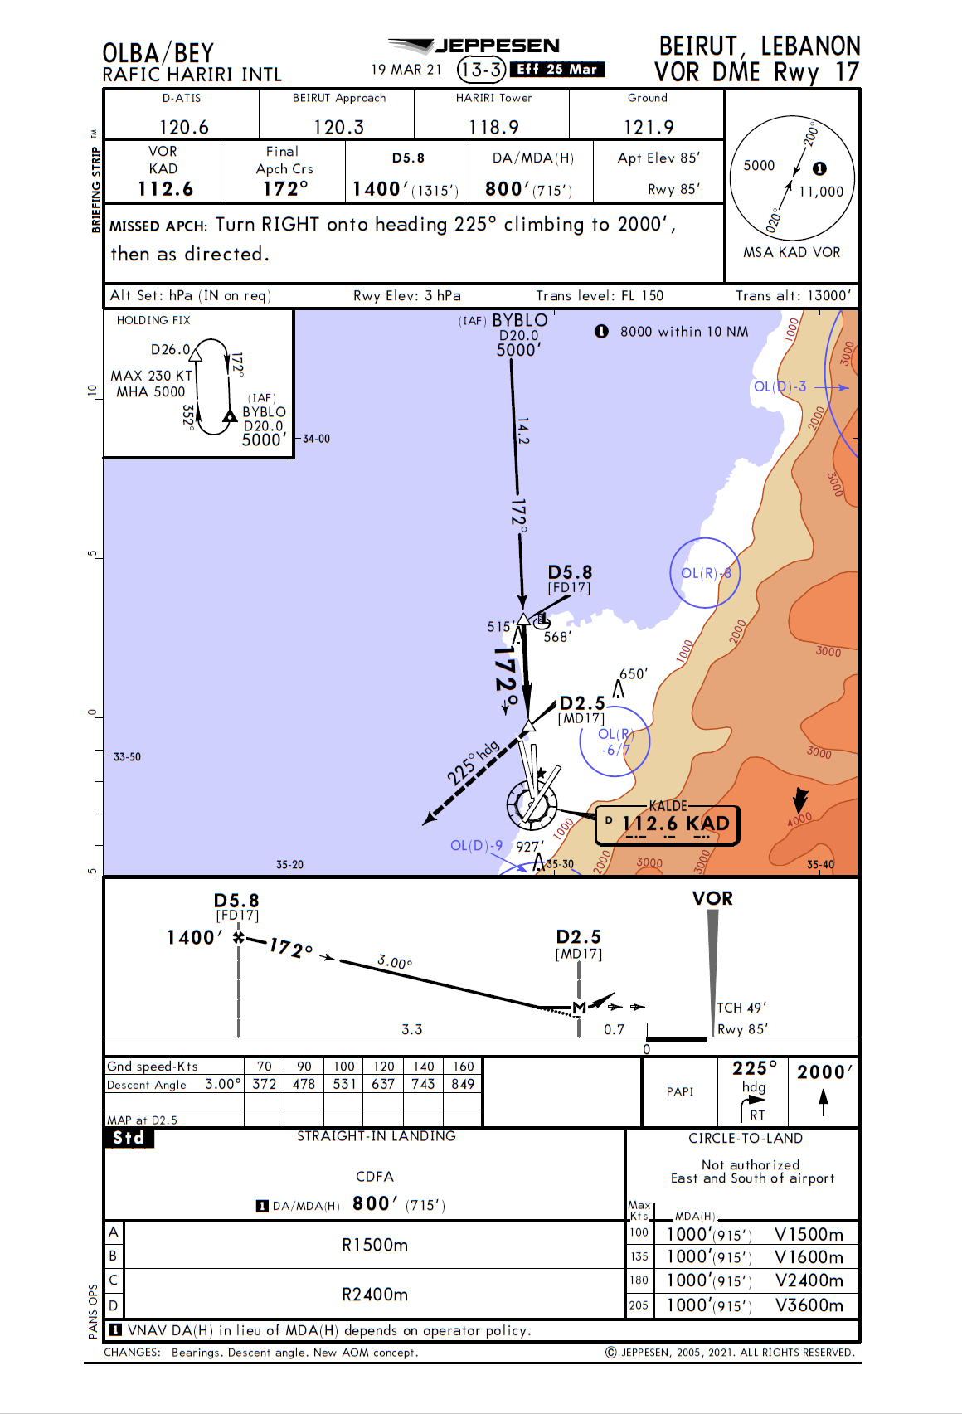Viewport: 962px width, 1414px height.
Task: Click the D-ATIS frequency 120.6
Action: (183, 127)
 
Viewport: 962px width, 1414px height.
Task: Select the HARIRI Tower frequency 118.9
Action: (493, 127)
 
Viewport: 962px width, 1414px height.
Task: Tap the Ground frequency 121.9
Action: (649, 127)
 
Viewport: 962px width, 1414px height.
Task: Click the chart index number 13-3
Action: (481, 70)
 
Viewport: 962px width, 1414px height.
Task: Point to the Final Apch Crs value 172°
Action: (284, 189)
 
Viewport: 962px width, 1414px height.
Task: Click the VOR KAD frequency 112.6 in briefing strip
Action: (165, 189)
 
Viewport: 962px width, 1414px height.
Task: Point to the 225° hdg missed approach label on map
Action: (473, 762)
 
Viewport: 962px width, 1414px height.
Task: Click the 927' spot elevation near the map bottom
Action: (529, 847)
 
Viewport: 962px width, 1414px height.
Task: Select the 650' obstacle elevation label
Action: (633, 674)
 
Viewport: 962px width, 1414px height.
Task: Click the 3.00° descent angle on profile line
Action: (395, 962)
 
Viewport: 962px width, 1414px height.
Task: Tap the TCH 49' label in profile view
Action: (741, 1008)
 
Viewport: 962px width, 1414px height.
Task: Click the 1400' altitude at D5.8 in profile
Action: (194, 938)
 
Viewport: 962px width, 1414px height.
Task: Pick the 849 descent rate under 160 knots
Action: (463, 1084)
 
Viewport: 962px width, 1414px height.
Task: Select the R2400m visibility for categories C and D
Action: (375, 1295)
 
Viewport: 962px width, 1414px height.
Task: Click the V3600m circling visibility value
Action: (809, 1305)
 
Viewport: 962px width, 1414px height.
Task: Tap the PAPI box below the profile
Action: (679, 1091)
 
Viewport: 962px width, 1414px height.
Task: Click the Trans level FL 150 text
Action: (599, 295)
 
